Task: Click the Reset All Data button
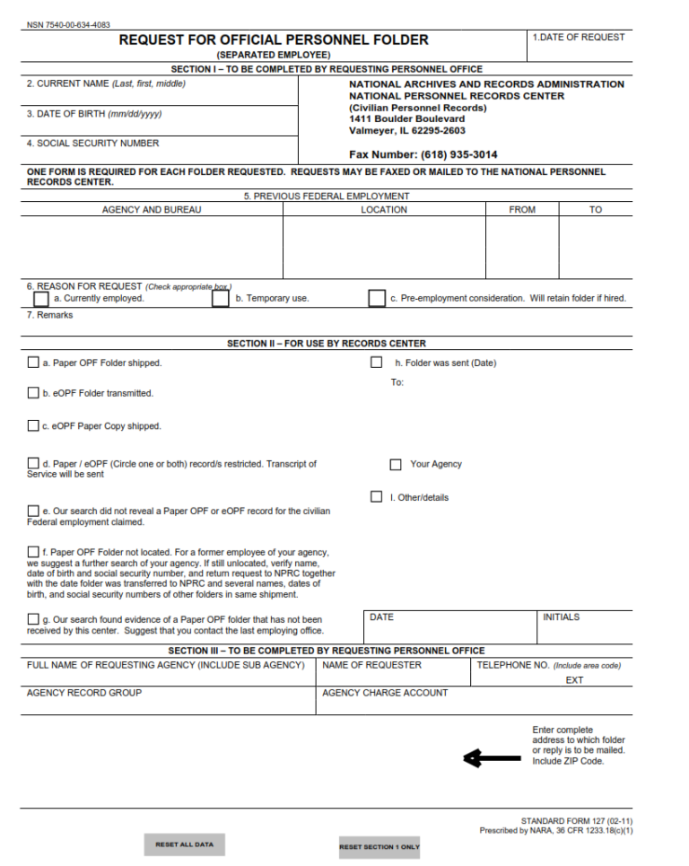184,844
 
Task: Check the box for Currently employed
41,299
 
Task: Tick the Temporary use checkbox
221,299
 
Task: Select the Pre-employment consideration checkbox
377,299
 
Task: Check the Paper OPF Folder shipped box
33,363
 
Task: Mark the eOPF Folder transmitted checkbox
33,393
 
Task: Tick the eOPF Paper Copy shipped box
33,425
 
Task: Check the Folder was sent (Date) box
377,363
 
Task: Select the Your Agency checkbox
396,464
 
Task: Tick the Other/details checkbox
377,496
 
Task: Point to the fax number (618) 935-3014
423,154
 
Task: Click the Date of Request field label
579,38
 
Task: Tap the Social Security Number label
92,144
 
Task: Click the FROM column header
521,210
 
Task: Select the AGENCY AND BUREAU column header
152,210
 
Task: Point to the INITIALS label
561,617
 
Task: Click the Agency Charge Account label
385,693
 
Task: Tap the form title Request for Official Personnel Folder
274,40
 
